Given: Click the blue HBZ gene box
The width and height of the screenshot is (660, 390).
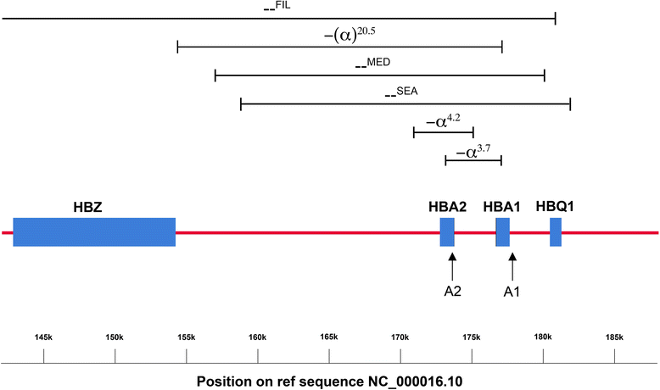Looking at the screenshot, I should [94, 232].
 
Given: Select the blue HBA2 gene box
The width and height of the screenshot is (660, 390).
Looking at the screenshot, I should [447, 232].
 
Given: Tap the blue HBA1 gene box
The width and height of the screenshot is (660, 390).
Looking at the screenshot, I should [502, 232].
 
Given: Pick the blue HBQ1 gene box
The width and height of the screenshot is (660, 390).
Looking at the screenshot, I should [556, 232].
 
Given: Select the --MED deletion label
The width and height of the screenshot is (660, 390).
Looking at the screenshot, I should [373, 62].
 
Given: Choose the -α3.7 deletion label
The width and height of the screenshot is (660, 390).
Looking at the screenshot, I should [473, 151].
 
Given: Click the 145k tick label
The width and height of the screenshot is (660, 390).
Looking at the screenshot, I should [44, 337].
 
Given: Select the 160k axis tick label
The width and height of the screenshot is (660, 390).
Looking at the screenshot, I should [258, 337].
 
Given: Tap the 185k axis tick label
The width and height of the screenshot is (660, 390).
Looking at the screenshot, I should [614, 337].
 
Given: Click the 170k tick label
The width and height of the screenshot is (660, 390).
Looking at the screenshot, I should [400, 337].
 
